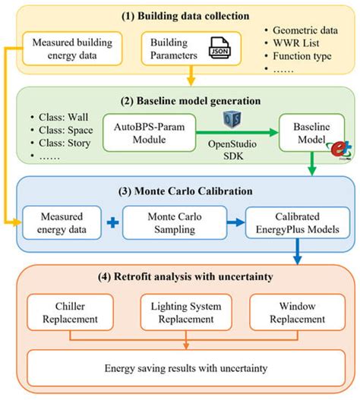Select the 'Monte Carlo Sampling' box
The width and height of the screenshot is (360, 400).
tap(178, 223)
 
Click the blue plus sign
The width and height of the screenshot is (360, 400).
tap(113, 223)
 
